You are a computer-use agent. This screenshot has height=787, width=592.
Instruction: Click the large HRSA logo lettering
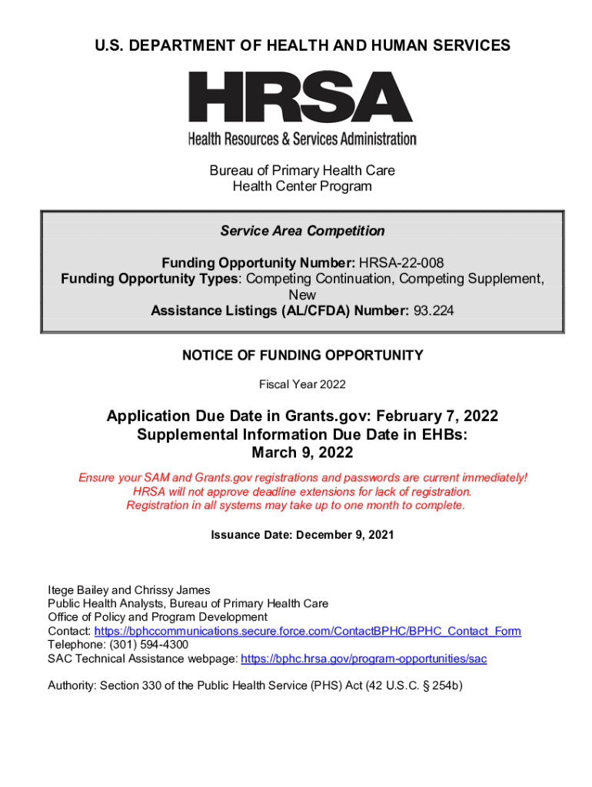point(301,98)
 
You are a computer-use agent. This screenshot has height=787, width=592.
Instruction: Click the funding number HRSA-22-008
point(400,263)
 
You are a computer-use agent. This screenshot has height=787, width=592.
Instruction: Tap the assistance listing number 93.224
point(431,310)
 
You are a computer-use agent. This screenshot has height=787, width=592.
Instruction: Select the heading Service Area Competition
point(302,231)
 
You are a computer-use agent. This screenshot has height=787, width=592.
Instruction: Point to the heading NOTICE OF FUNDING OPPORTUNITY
point(302,355)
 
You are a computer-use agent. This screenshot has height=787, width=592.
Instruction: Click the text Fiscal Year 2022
point(302,384)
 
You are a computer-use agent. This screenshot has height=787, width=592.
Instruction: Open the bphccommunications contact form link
point(308,631)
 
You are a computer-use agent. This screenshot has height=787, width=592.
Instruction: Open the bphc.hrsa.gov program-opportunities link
point(364,659)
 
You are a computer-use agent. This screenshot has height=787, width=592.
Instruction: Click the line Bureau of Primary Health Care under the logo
point(302,170)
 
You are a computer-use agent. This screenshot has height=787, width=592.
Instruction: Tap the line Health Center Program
point(302,186)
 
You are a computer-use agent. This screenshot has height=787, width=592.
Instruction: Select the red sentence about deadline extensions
point(302,491)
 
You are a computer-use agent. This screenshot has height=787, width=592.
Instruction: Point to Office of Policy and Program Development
point(158,617)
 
